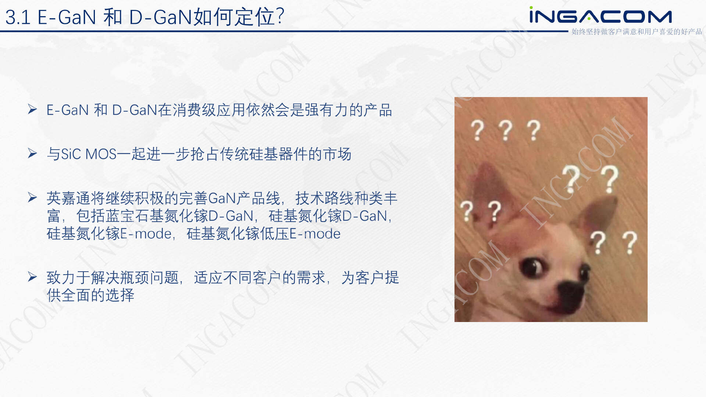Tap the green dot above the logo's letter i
(531, 7)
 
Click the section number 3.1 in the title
(18, 17)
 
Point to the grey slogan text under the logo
(637, 32)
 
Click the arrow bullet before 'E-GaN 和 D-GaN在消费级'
(32, 109)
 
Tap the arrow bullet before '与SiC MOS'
(32, 153)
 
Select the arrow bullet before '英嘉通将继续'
(32, 197)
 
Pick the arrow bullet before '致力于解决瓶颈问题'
(32, 277)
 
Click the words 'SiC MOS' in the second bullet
(89, 154)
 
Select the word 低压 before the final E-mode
(275, 233)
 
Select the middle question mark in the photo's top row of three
(506, 130)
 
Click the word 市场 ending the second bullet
(337, 154)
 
